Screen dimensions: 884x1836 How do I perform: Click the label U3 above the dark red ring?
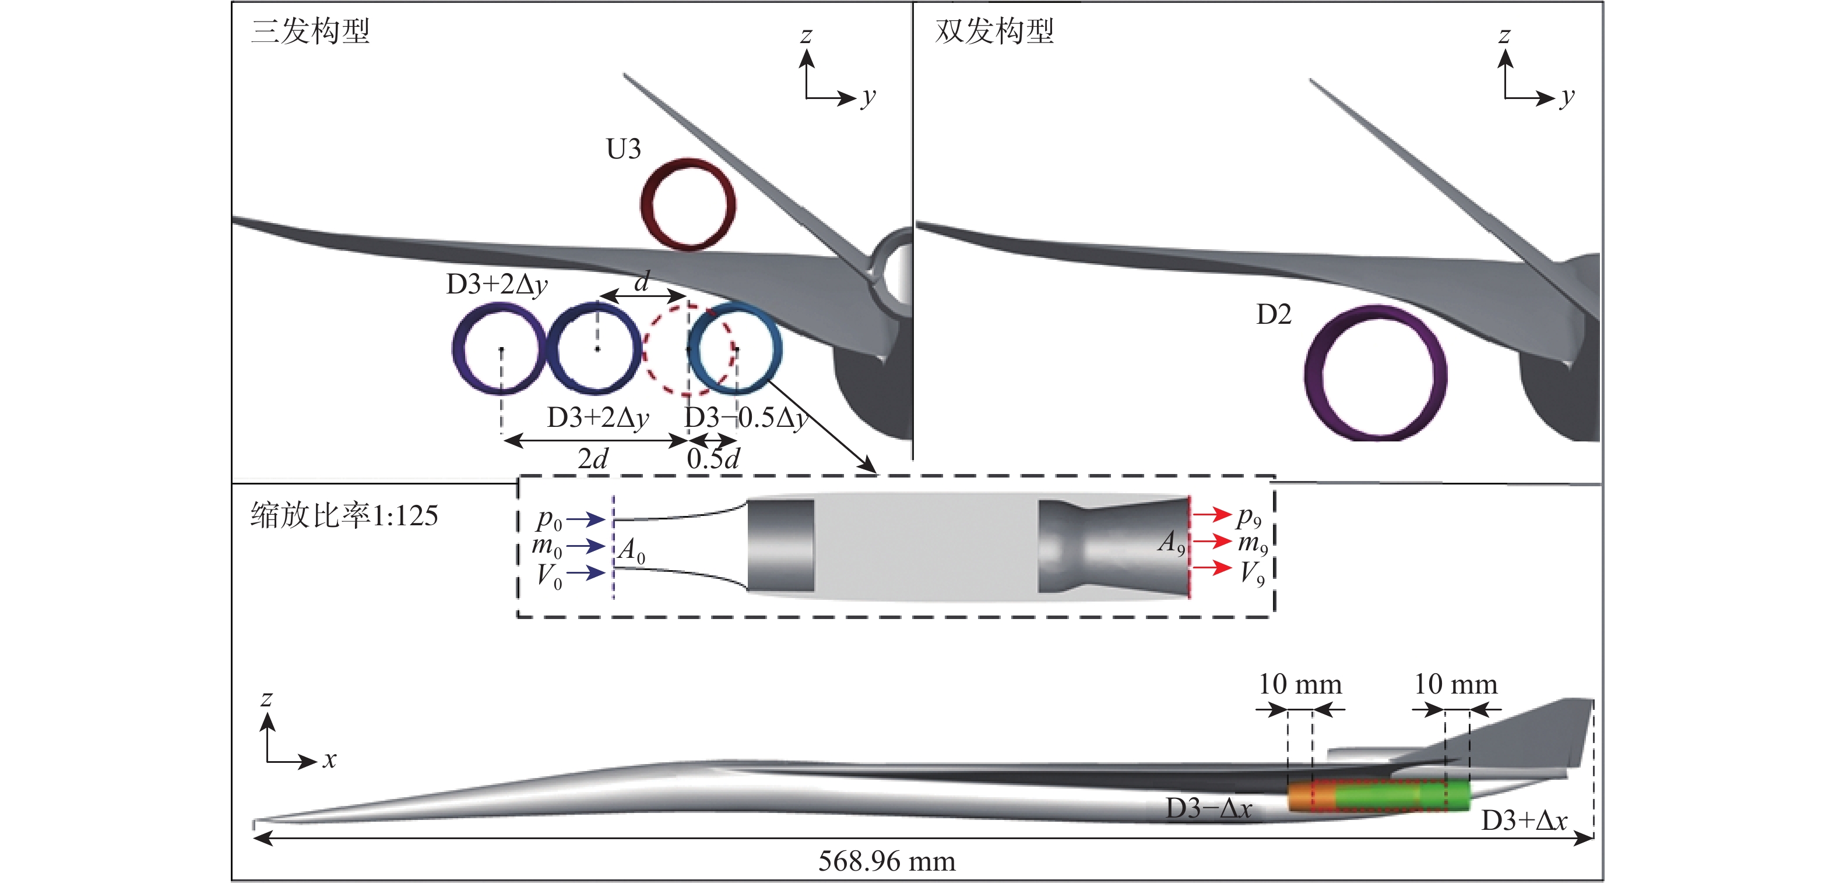[623, 150]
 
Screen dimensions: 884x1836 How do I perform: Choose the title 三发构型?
[310, 31]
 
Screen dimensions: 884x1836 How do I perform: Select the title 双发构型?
[994, 31]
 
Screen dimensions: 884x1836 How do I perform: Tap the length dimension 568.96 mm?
[887, 861]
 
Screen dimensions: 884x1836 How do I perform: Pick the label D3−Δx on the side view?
[1209, 808]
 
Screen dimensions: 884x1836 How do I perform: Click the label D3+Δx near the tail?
[1524, 821]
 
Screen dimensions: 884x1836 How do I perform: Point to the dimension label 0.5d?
[713, 459]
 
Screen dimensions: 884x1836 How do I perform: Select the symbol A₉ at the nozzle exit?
[1171, 543]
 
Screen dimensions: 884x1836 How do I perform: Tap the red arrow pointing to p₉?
[1212, 514]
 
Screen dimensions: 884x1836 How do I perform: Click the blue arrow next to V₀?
[585, 572]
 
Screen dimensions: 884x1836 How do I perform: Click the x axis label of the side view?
[329, 760]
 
